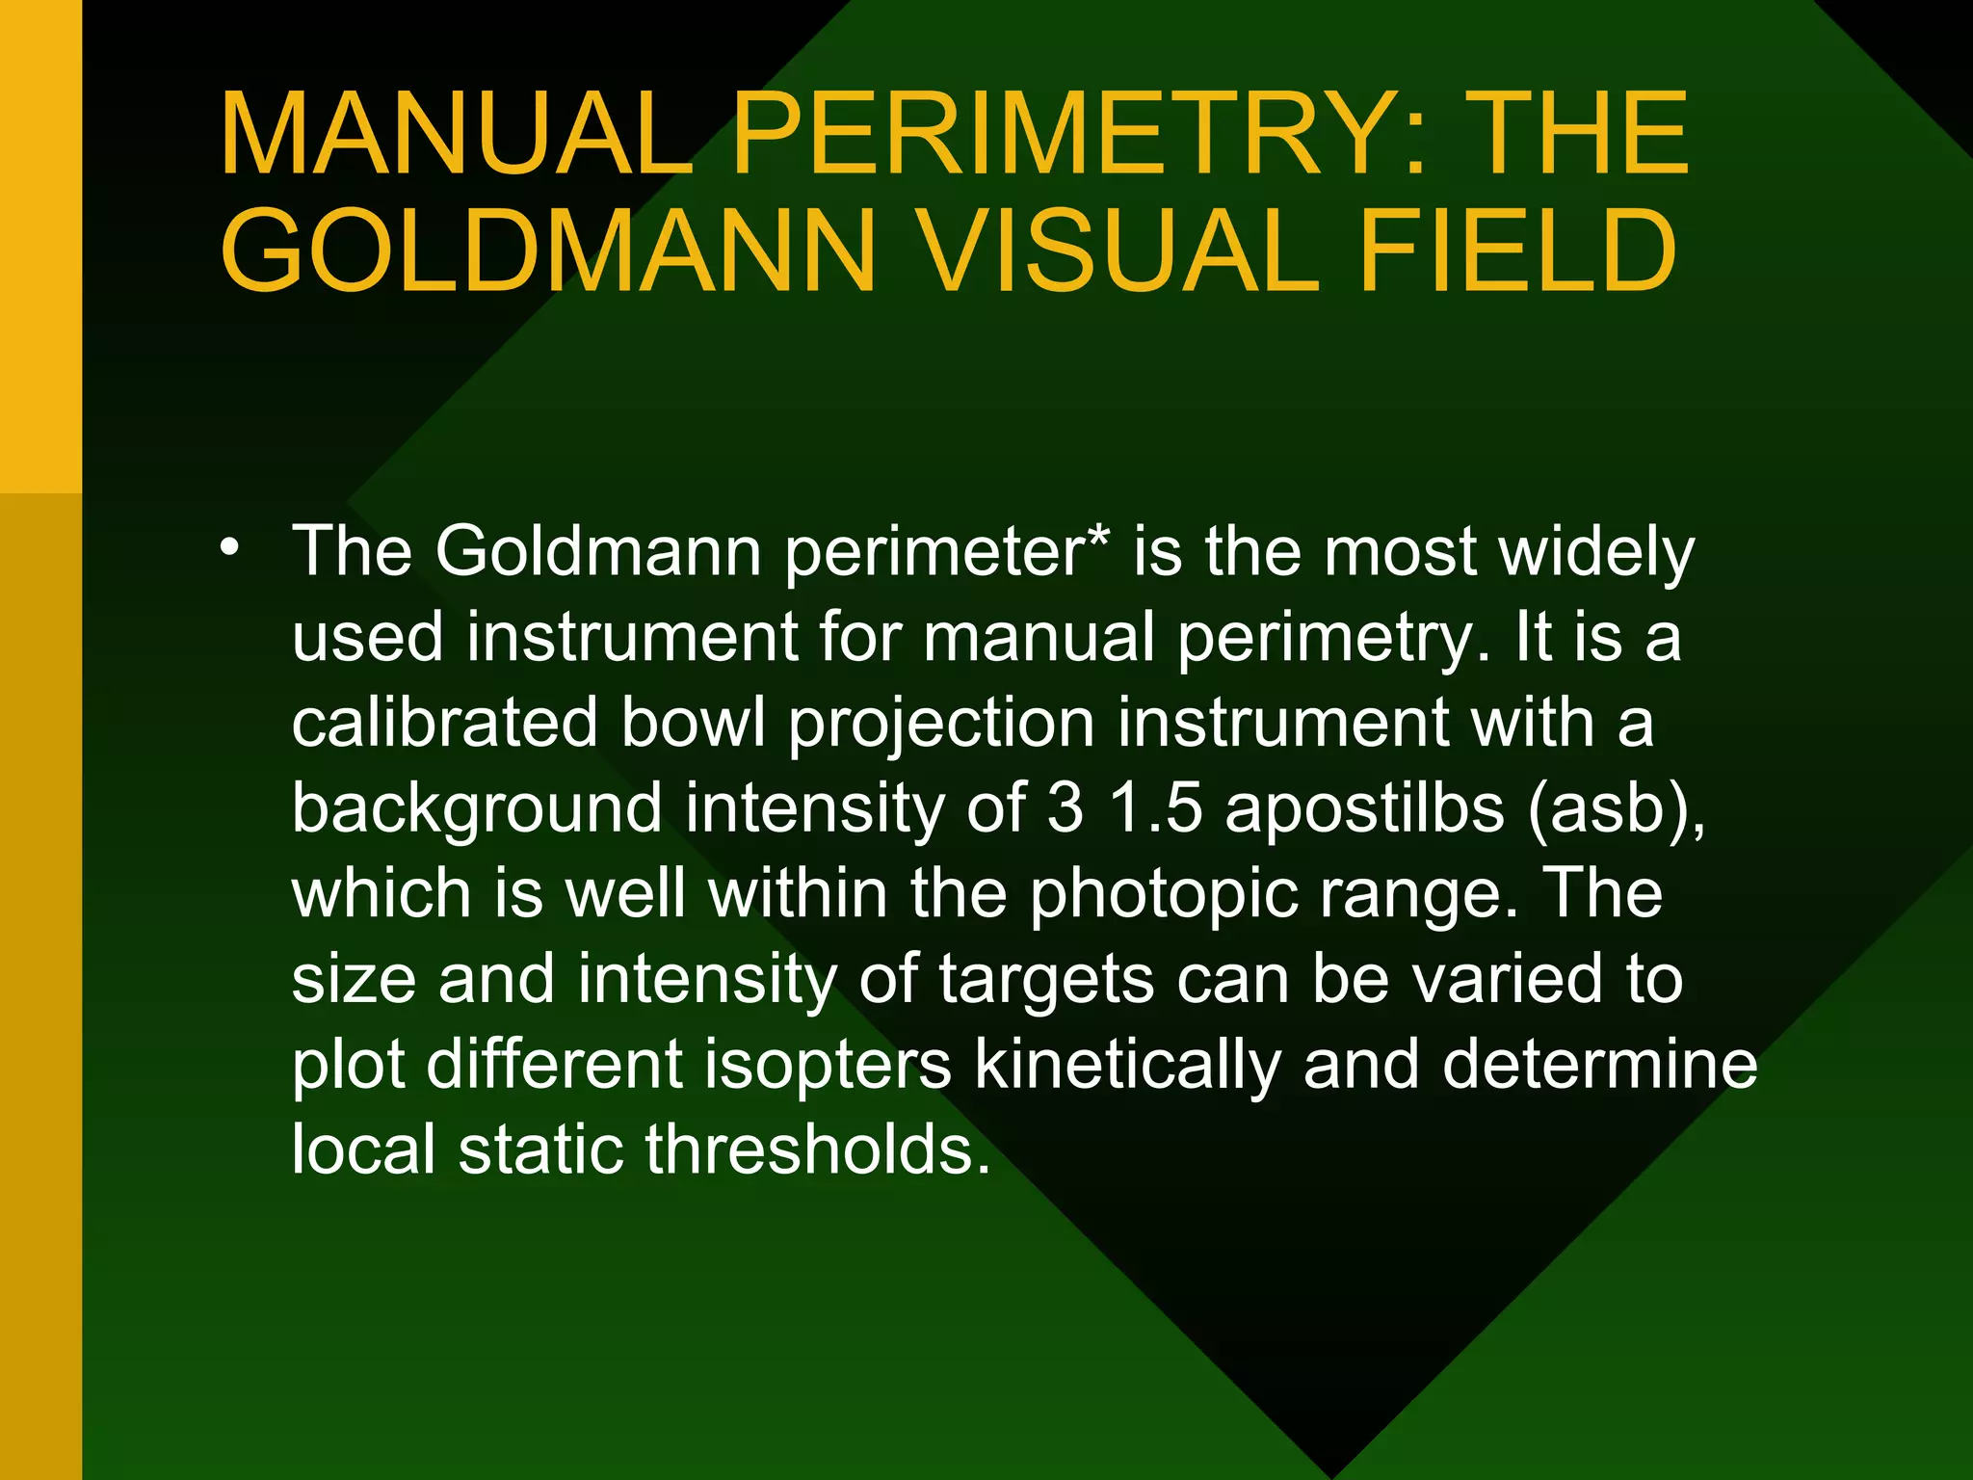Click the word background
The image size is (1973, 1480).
(477, 809)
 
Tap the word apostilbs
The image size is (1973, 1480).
(1364, 809)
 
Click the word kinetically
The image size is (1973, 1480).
(1127, 1066)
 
